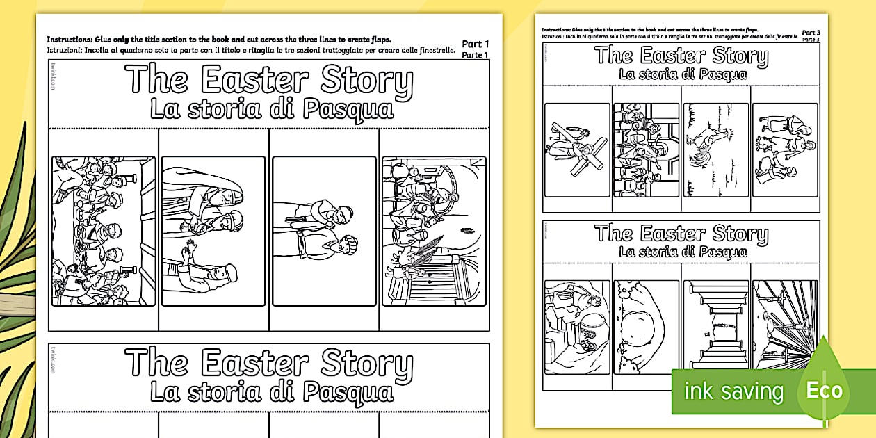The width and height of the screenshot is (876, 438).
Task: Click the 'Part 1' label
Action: (476, 44)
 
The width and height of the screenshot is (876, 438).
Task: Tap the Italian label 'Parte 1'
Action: (476, 54)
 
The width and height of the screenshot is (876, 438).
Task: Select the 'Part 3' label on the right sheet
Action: (811, 32)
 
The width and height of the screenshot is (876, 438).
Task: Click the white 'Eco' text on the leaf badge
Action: (824, 390)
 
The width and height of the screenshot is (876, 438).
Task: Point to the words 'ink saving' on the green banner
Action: (733, 391)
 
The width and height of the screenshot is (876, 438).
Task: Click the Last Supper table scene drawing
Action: (104, 232)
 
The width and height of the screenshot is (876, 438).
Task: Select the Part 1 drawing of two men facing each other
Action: (324, 232)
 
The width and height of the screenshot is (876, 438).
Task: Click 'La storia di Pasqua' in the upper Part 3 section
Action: (683, 74)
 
